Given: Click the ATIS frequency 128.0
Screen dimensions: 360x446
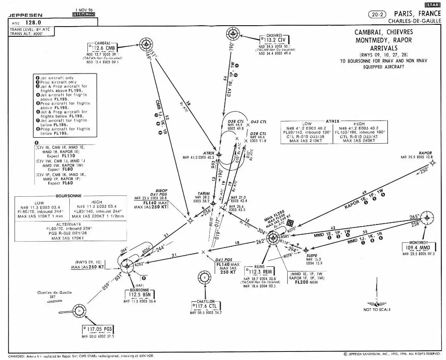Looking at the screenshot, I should [32, 22].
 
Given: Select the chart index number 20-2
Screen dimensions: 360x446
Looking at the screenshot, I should [376, 14].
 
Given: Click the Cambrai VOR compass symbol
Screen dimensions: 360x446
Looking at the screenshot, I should [146, 44].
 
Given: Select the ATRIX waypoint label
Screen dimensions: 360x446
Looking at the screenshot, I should [209, 153].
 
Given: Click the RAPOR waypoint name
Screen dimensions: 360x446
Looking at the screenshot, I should [425, 153].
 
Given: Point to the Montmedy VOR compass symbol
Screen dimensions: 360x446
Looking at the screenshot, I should [427, 218].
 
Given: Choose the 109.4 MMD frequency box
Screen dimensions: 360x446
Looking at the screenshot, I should [419, 247].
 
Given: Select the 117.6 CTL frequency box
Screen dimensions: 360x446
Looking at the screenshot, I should [206, 306].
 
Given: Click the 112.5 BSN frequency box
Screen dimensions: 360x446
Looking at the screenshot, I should [139, 295].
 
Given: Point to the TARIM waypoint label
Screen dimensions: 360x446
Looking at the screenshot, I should [204, 193].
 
